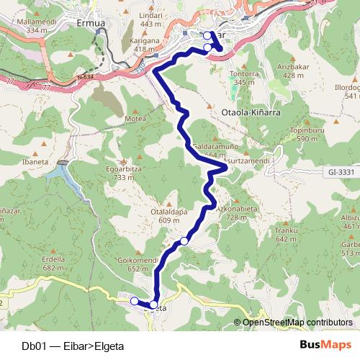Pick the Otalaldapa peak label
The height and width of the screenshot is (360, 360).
pos(149,212)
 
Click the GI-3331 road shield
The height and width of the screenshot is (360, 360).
pos(339,173)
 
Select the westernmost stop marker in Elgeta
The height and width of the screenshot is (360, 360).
pos(134,301)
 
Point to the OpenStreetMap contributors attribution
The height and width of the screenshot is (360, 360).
pos(296,322)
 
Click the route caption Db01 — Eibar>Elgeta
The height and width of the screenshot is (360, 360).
pos(73,345)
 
